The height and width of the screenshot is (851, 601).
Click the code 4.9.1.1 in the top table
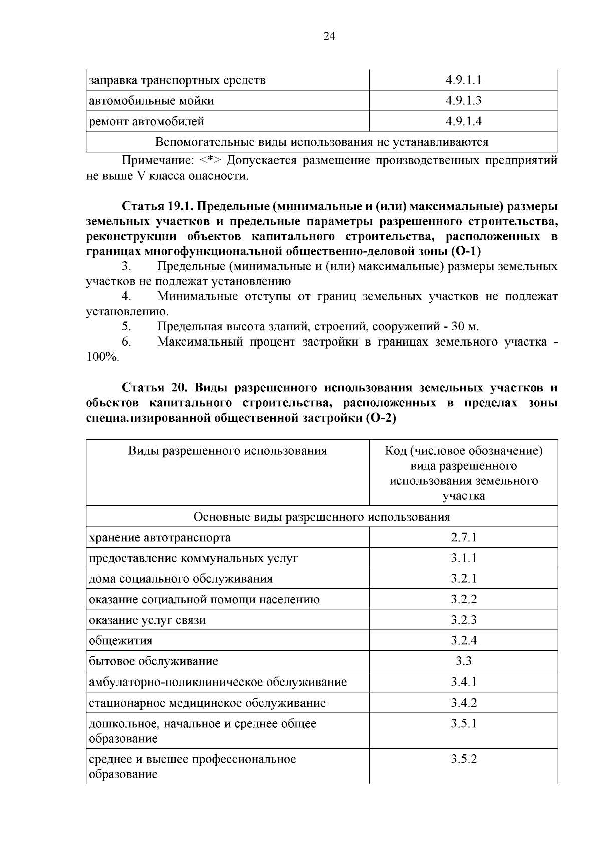pos(463,80)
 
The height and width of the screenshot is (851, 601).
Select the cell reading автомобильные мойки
pos(151,101)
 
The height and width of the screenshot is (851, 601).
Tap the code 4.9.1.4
pos(463,121)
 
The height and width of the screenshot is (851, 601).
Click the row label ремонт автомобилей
pos(146,121)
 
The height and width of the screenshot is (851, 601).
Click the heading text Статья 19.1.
pos(157,206)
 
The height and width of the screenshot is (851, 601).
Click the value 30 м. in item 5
pos(465,327)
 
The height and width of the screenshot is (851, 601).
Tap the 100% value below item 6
pos(102,357)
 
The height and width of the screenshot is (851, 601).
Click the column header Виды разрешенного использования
pos(227,451)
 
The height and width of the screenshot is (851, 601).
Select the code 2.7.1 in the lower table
pos(463,538)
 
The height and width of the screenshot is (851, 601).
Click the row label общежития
pos(121,641)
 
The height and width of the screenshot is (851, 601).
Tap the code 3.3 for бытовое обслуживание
pos(463,661)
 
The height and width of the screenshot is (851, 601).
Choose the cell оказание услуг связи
pos(147,620)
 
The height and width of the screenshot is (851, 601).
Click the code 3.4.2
pos(463,703)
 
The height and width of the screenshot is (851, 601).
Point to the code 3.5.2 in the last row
pos(463,759)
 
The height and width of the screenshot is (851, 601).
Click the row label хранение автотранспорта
pos(160,538)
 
